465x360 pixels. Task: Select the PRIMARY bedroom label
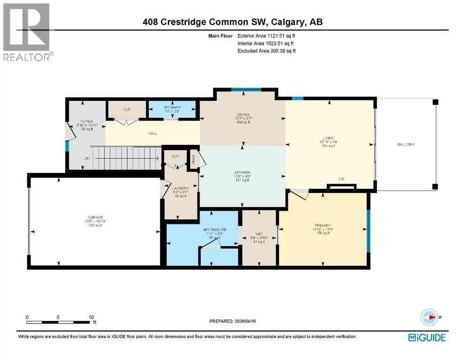(x=322, y=225)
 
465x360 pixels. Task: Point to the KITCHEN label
(x=242, y=172)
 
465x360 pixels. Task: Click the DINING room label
(x=242, y=115)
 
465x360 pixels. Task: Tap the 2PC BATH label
(x=172, y=107)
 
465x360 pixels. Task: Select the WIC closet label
(x=258, y=233)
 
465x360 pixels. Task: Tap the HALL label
(x=153, y=134)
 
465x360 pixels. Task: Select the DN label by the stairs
(x=87, y=158)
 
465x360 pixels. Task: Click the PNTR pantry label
(x=193, y=158)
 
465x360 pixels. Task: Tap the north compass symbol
(x=429, y=317)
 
